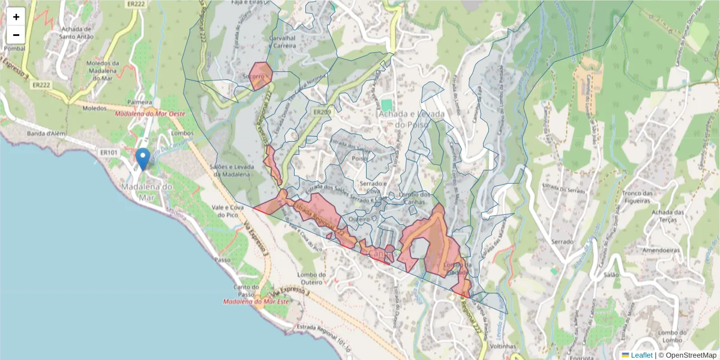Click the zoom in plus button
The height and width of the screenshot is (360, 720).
[16, 17]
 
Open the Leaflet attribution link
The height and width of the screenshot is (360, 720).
[641, 355]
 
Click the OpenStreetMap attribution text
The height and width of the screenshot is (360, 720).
[690, 355]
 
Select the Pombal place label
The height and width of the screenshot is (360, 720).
[14, 48]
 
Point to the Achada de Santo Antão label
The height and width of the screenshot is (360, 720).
[76, 32]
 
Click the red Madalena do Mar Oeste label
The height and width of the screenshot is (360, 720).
[150, 113]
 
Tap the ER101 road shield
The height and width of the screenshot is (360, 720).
[109, 153]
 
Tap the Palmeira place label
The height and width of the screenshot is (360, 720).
[139, 103]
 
